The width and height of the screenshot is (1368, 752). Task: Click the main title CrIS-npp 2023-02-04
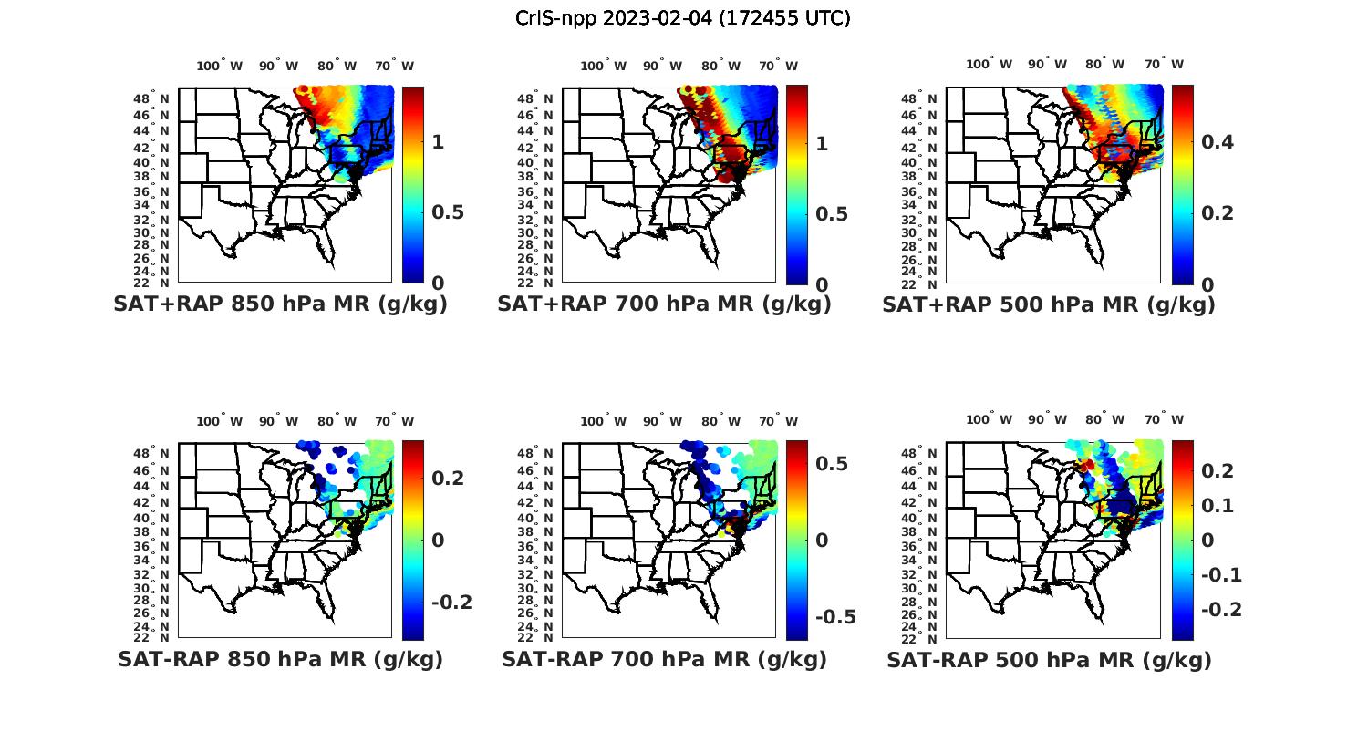[682, 18]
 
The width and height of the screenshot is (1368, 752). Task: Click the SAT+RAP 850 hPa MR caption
[280, 304]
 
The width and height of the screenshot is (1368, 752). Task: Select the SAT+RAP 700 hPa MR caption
[664, 304]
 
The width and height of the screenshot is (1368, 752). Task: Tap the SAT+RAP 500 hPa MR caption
[1049, 304]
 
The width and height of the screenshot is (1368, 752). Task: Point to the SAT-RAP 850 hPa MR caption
[280, 659]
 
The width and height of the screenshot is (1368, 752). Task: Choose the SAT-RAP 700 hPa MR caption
[664, 659]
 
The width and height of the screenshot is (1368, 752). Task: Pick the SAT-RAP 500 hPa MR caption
[1049, 659]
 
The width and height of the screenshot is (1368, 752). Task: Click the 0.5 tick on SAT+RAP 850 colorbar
[448, 212]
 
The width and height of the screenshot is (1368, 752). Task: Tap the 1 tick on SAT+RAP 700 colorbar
[821, 143]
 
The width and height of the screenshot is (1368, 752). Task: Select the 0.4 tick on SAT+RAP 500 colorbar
[1217, 141]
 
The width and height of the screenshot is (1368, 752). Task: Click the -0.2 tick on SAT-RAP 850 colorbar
[451, 602]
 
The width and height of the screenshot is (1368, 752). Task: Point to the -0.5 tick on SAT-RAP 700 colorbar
[835, 616]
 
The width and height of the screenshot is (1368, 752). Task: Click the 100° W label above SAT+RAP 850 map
[220, 66]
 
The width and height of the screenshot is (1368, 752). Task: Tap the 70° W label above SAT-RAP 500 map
[1164, 420]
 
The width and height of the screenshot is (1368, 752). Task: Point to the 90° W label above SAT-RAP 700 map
[662, 421]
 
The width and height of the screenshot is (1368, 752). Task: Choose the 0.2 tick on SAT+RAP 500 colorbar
[1217, 212]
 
